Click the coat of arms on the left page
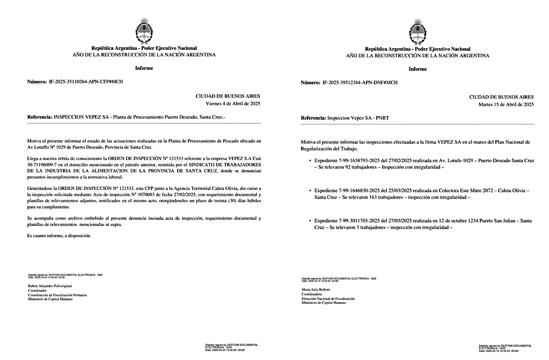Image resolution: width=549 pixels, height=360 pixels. (144, 31)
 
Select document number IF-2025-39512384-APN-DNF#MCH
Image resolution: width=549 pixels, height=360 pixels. (360, 83)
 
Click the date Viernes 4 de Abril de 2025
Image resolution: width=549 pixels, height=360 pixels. (233, 104)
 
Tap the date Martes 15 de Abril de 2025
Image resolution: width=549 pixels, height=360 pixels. (506, 104)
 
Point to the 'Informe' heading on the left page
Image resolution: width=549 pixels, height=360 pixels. (144, 68)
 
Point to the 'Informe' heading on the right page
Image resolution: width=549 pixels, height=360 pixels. (418, 69)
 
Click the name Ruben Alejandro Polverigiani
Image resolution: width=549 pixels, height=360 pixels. (50, 286)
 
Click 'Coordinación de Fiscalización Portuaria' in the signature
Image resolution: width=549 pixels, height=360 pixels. (57, 295)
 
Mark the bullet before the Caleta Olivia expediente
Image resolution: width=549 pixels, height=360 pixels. (310, 191)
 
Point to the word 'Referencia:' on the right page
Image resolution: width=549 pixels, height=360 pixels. (313, 117)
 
